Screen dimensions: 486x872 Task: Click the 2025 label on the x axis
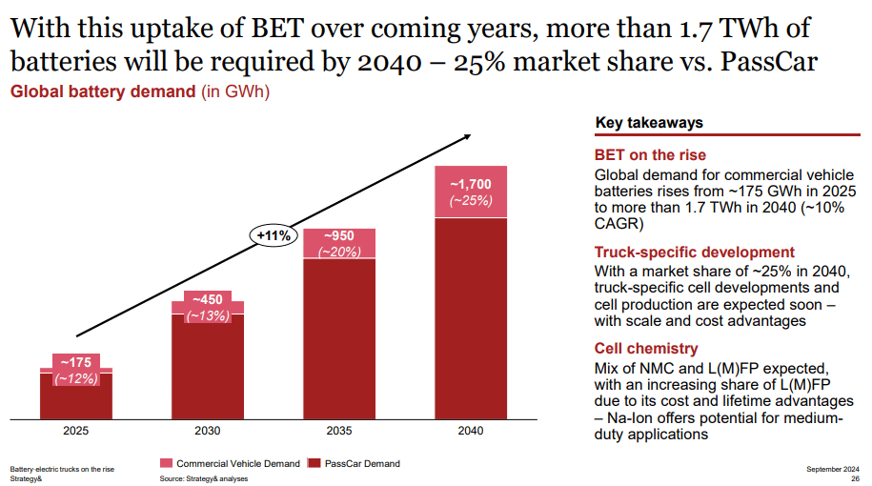(x=76, y=431)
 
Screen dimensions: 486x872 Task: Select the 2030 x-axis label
(x=208, y=431)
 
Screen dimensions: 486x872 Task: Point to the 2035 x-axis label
(x=339, y=431)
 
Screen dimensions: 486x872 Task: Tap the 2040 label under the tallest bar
(x=470, y=431)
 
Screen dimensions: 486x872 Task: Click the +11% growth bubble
(x=274, y=234)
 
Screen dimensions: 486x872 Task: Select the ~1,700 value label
(x=471, y=184)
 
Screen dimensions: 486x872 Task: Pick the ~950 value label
(x=339, y=235)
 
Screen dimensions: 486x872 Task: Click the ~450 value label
(x=208, y=299)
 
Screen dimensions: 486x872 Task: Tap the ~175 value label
(x=76, y=362)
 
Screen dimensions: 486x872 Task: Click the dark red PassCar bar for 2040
(x=471, y=319)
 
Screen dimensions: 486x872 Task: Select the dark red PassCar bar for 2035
(x=339, y=338)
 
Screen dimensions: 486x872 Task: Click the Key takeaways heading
(x=649, y=123)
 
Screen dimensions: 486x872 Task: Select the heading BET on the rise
(x=650, y=155)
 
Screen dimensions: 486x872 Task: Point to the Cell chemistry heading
(x=645, y=349)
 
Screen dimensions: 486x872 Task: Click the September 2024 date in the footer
(x=832, y=468)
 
